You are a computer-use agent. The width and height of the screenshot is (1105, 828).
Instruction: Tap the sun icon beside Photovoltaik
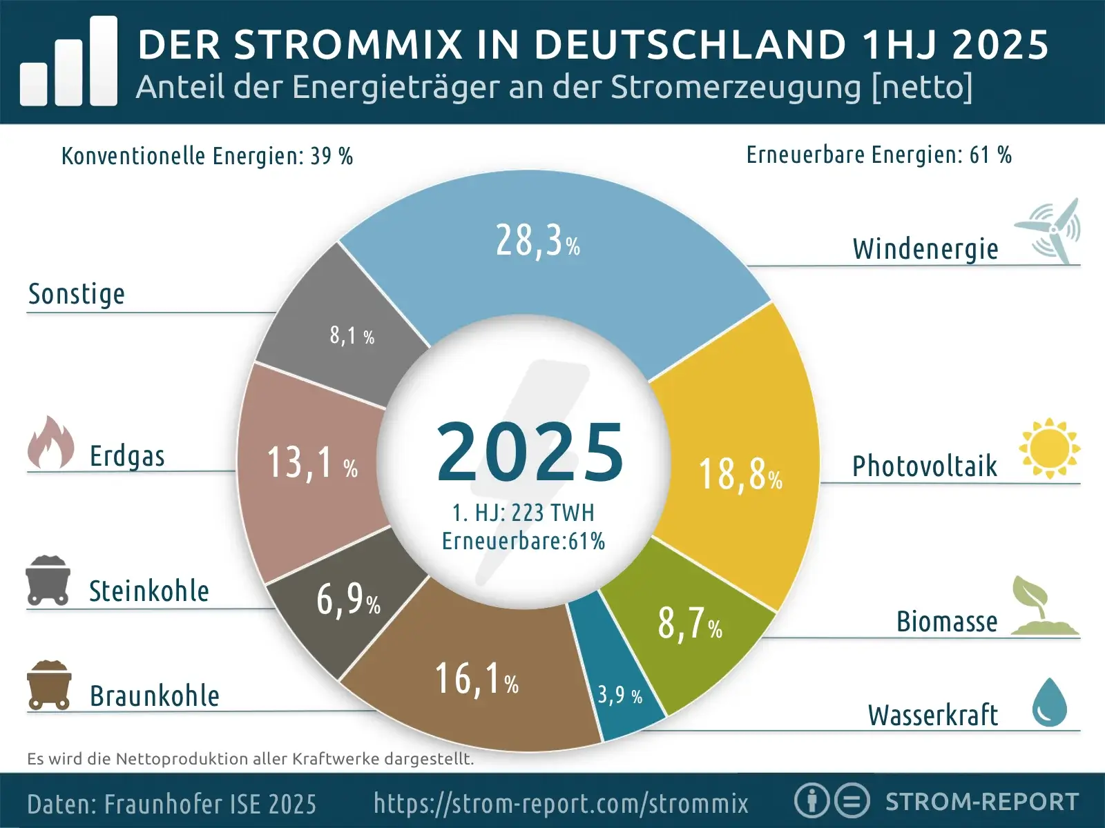[1049, 448]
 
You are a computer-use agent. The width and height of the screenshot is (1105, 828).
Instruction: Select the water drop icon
[1049, 702]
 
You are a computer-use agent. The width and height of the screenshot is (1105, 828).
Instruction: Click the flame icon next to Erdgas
[50, 443]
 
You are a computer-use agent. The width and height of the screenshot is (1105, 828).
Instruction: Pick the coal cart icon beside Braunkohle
[48, 685]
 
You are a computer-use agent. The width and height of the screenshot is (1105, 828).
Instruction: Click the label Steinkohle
[148, 592]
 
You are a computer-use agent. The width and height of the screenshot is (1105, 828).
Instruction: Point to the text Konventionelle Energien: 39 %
[206, 157]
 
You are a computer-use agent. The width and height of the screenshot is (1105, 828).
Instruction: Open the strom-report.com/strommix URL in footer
[561, 803]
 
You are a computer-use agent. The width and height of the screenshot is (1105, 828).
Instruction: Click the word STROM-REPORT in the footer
[981, 802]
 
